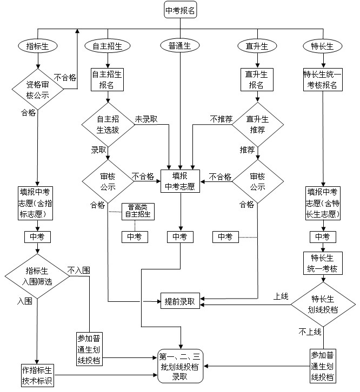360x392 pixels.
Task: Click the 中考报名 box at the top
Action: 180,10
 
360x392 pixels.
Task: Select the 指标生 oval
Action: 37,46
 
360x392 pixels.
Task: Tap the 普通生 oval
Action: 176,46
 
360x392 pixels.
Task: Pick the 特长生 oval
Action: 323,46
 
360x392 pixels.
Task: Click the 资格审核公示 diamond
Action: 37,90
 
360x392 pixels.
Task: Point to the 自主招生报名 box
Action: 107,79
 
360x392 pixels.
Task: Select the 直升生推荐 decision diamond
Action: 257,125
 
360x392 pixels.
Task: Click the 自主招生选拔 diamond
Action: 108,125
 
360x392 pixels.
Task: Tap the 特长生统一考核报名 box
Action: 323,79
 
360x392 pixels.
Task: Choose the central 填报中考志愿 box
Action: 180,181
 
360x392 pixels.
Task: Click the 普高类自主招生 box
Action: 138,211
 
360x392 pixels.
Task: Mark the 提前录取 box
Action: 180,300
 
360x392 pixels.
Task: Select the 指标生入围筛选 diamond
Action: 37,276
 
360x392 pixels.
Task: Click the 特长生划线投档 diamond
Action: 324,304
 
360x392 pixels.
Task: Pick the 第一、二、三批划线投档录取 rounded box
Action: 180,366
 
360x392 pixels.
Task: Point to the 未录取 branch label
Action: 146,119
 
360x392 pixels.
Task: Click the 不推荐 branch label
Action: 221,119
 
